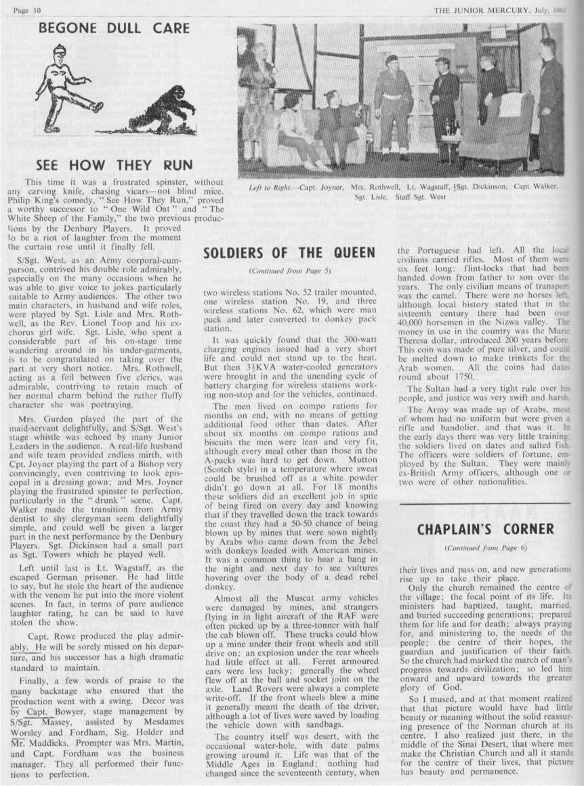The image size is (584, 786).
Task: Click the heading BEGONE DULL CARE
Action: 114,28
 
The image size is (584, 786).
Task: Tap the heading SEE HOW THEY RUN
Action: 114,165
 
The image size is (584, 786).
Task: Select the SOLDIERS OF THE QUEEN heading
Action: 289,253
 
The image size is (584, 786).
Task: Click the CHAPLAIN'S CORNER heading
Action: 485,529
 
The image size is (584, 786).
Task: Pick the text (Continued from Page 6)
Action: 485,547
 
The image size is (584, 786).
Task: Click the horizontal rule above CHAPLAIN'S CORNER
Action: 485,504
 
